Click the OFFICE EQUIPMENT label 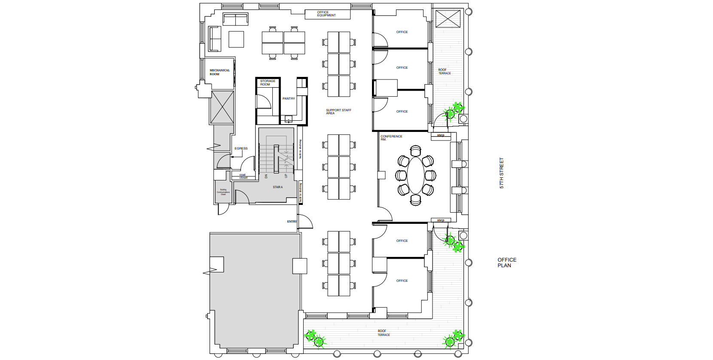(x=326, y=14)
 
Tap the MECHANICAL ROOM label (x=219, y=72)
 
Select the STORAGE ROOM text (x=268, y=82)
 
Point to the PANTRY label (x=289, y=99)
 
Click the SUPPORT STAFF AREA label (x=338, y=112)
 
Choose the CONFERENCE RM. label (x=391, y=138)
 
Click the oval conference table (x=415, y=175)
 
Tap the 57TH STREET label (x=501, y=173)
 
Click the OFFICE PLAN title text (x=507, y=262)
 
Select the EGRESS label (x=241, y=149)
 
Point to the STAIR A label (x=277, y=187)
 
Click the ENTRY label (x=292, y=222)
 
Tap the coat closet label (x=243, y=176)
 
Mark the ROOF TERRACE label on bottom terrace (x=384, y=333)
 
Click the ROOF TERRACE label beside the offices (x=444, y=71)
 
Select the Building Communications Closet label (x=223, y=192)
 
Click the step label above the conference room (x=441, y=135)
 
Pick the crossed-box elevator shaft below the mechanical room (x=222, y=107)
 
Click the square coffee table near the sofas (x=236, y=39)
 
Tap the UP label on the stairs (x=286, y=176)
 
